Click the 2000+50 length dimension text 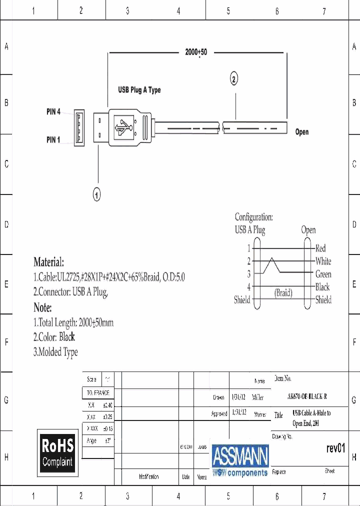(196, 52)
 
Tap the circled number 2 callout (234, 78)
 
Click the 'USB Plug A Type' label (139, 90)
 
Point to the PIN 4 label (53, 112)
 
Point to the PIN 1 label (53, 140)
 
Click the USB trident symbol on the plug (123, 127)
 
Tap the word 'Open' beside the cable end (302, 132)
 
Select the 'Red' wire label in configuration (320, 248)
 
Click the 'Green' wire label (323, 274)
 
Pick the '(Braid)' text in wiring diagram (283, 293)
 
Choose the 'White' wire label (323, 261)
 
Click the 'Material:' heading (48, 262)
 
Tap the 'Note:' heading (42, 307)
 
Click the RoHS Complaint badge (57, 452)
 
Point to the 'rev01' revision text (335, 448)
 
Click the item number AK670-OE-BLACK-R (307, 396)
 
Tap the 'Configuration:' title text (254, 217)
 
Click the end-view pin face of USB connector (79, 127)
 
